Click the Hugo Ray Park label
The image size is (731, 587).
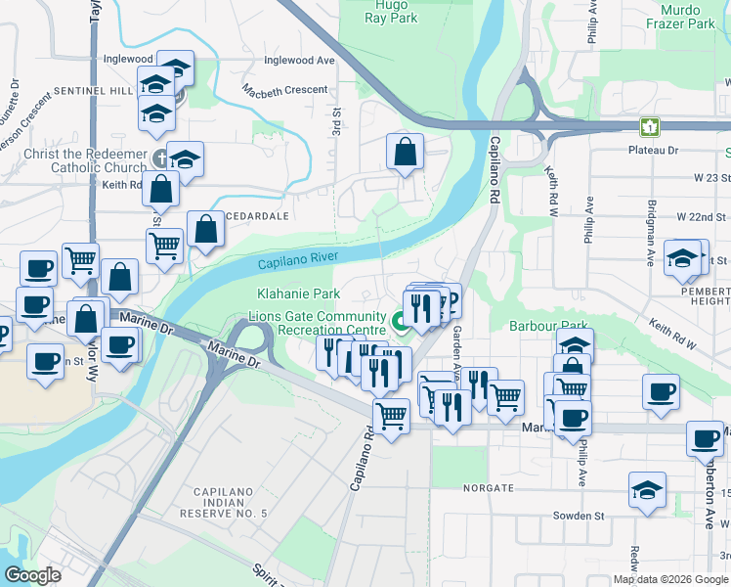click(390, 12)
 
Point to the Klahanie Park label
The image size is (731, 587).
click(298, 293)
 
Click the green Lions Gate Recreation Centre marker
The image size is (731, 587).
click(400, 320)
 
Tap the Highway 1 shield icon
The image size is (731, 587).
click(648, 126)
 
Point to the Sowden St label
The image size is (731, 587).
click(569, 515)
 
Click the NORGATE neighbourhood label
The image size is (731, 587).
click(489, 487)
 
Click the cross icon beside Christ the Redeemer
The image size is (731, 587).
click(163, 157)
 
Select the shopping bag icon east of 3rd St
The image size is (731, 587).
click(405, 152)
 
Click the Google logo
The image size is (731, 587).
click(33, 575)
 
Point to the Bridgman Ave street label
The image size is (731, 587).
click(649, 242)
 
